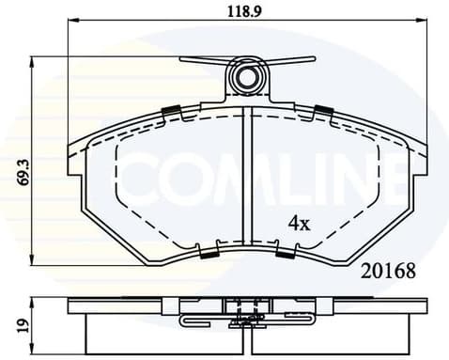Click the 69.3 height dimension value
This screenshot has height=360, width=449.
23,174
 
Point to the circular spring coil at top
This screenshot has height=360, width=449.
248,77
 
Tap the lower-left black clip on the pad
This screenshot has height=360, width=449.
209,252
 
